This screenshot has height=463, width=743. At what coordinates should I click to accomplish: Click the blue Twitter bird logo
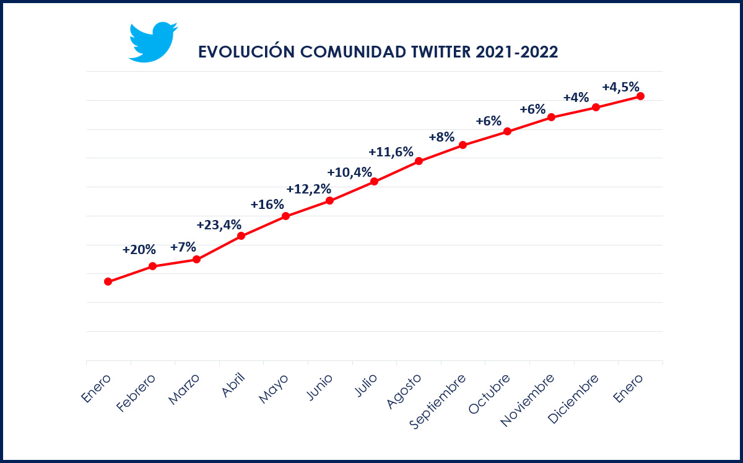coord(152,42)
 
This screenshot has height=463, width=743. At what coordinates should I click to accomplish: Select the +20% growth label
coord(139,250)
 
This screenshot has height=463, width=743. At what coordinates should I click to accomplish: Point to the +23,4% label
coord(219,224)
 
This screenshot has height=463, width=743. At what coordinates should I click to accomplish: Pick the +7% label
coord(183,247)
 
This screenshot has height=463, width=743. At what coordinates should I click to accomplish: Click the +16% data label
coord(267,204)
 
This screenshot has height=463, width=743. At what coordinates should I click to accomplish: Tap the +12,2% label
coord(308,189)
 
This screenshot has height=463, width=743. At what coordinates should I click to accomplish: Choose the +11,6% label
coord(391,151)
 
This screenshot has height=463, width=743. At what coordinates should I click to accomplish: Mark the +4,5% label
coord(620,87)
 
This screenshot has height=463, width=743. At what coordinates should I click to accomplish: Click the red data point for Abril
coord(241,236)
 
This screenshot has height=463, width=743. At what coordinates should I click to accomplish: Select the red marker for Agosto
coord(419,161)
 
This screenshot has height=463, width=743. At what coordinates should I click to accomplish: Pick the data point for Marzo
coord(196,259)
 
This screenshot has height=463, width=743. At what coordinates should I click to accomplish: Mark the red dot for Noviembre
coord(551,117)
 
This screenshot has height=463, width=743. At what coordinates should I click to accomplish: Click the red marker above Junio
coord(329,200)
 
